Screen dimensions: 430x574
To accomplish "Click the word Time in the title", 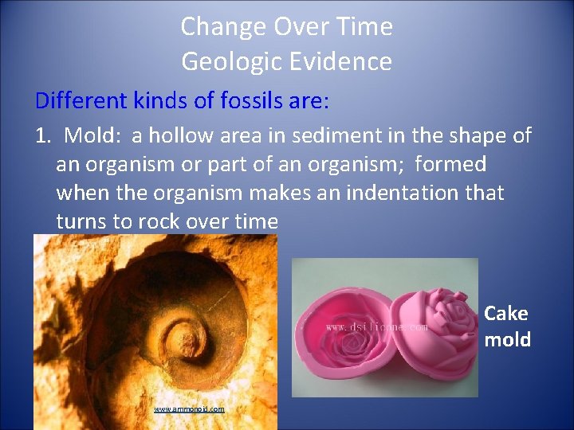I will pyautogui.click(x=365, y=27).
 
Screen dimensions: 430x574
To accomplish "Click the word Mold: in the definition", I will pyautogui.click(x=92, y=136).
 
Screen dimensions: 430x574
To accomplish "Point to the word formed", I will pyautogui.click(x=450, y=165).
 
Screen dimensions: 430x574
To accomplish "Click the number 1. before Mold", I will pyautogui.click(x=43, y=136).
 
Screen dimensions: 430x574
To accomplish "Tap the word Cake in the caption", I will pyautogui.click(x=506, y=314).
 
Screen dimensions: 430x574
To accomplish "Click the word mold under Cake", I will pyautogui.click(x=507, y=339).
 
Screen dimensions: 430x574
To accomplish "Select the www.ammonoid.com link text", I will pyautogui.click(x=189, y=409).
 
